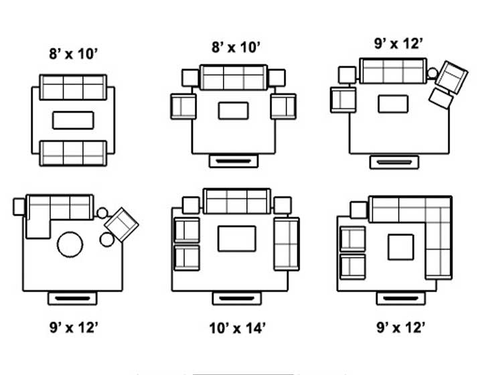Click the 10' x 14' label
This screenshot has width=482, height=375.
pos(237,328)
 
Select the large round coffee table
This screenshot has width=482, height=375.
pos(70,244)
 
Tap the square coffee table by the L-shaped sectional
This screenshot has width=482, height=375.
pos(401,247)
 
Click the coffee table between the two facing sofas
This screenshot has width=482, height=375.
pos(73,120)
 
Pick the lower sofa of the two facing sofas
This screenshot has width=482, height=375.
pos(73,153)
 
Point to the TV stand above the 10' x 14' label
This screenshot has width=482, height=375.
pos(237,298)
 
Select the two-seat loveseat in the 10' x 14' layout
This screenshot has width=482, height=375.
pos(287,244)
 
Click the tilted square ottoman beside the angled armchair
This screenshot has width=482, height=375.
pos(441,98)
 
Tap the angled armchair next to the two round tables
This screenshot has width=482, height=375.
pos(121,224)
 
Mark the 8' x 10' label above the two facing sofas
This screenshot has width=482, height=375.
pos(73,54)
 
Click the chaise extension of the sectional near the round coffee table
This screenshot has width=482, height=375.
pos(38,228)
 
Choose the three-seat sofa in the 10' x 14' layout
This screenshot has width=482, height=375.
pos(237,201)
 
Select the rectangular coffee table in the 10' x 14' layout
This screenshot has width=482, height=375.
pos(237,238)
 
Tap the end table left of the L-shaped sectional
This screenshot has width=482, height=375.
pos(358,210)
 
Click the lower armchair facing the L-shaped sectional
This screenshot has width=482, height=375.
pos(353,267)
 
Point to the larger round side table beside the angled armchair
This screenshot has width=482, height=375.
pos(106,240)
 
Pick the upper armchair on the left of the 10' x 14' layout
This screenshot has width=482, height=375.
pos(187,230)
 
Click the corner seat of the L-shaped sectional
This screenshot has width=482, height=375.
pos(438,210)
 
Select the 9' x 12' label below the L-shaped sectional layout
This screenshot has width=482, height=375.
pos(401,327)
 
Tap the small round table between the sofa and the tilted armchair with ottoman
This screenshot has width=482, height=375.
pos(432,73)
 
